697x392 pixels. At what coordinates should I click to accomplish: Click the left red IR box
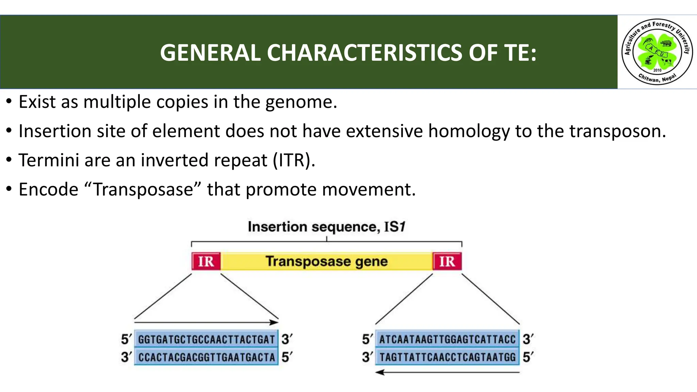[x=206, y=261]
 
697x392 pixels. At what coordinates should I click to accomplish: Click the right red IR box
[x=447, y=261]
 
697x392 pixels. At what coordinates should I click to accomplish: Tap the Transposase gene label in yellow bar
[x=326, y=261]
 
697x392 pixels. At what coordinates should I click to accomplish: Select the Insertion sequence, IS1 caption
[x=326, y=227]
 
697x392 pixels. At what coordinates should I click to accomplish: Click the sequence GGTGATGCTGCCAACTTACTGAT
[x=206, y=339]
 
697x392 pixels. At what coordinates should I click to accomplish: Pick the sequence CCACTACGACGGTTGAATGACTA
[x=206, y=357]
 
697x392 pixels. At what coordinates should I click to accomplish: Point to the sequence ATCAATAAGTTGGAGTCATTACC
[x=447, y=339]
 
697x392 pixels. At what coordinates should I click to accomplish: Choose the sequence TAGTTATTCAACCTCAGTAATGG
[x=447, y=357]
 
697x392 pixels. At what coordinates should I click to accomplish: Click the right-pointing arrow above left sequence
[x=206, y=322]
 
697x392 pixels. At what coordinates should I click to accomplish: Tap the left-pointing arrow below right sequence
[x=447, y=373]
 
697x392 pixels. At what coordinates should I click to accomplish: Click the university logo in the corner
[x=657, y=52]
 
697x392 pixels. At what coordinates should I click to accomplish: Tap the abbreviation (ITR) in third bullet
[x=293, y=160]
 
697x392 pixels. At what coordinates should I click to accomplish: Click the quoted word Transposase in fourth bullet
[x=143, y=190]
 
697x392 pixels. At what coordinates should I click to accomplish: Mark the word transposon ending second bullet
[x=617, y=131]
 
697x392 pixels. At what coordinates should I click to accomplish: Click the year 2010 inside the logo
[x=657, y=70]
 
